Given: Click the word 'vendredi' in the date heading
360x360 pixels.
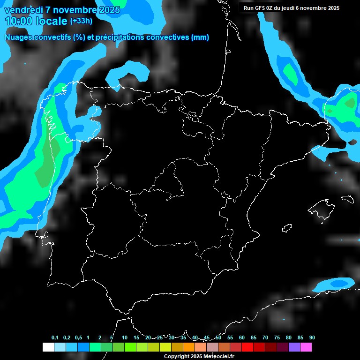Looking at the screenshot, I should coord(23,10).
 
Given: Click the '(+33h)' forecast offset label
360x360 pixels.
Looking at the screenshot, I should coord(81,21).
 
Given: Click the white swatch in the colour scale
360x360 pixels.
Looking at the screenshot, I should coord(48,347).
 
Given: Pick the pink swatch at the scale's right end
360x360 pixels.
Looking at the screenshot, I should coord(306,347).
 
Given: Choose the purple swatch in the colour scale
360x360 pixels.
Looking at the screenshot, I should coord(294,347).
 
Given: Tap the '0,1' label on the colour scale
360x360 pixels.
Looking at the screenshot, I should coord(55,338).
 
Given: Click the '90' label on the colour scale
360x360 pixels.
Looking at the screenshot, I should coord(312,338).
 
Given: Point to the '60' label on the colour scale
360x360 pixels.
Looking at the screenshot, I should coord(242,338).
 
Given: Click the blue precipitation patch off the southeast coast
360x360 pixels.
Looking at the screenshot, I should coord(335,284).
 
